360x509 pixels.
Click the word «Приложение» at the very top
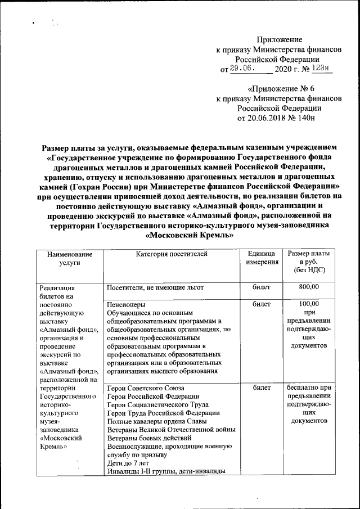coord(280,39)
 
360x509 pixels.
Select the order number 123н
coord(323,69)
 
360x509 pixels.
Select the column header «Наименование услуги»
coord(69,259)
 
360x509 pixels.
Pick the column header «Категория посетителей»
coord(172,254)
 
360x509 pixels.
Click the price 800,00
coord(309,288)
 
